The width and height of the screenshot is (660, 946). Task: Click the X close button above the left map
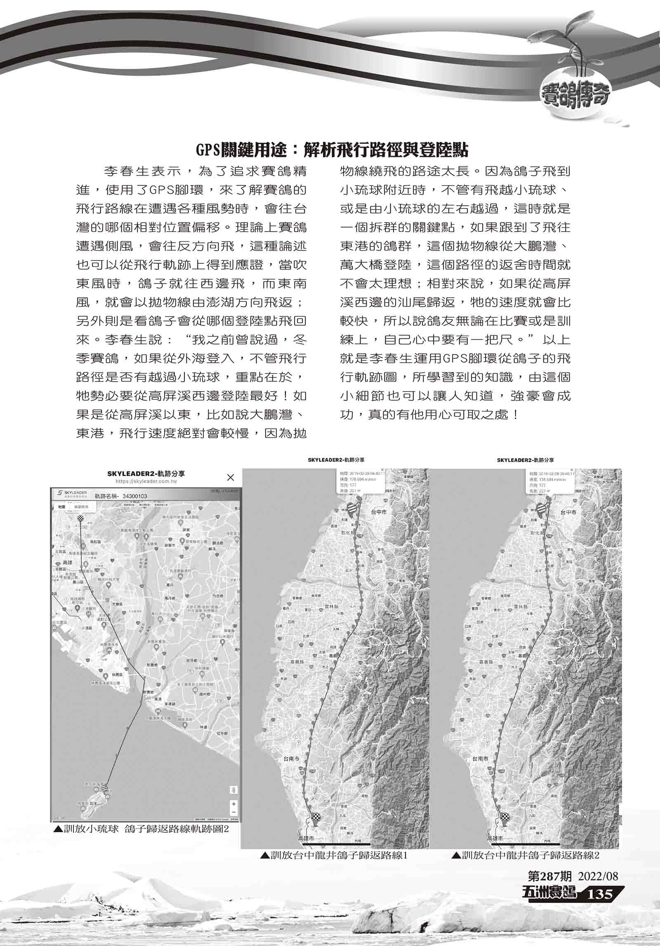231,477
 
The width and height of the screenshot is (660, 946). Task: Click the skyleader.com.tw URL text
146,481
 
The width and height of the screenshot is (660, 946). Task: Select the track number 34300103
132,496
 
